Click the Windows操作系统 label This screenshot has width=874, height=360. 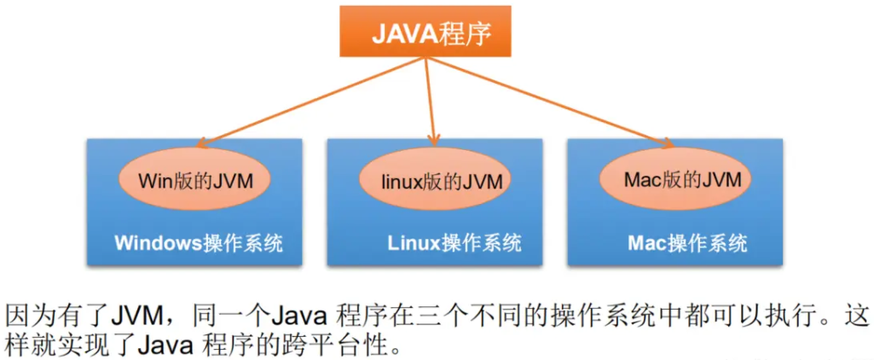point(198,243)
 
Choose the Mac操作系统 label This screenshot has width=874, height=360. point(687,243)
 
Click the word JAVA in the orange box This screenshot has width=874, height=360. point(404,33)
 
